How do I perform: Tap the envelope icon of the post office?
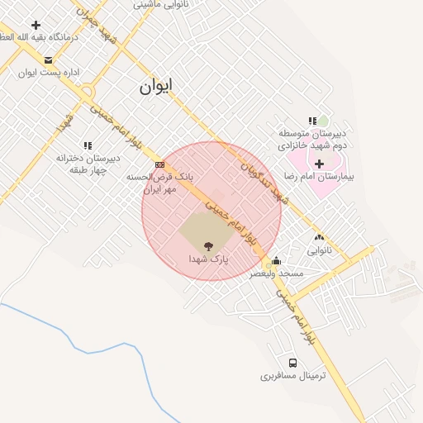coord(48,60)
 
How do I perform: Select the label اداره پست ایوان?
coord(49,73)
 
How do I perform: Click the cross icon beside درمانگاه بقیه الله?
coord(36,25)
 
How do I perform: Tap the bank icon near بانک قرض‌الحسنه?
coord(159,165)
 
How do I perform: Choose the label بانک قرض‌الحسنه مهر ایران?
coord(159,183)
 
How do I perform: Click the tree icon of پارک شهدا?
coord(207,245)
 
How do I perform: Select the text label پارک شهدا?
coord(207,259)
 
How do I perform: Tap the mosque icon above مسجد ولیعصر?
coord(277,261)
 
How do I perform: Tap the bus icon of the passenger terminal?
coord(293,363)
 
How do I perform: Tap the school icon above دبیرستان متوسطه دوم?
coord(312,121)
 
